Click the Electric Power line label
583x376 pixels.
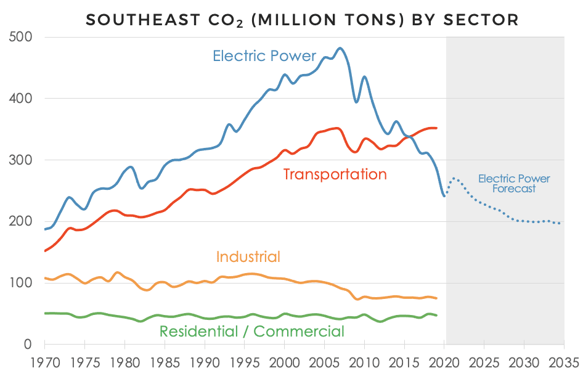(x=264, y=56)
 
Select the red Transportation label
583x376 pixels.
(x=335, y=174)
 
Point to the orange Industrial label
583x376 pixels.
(x=248, y=256)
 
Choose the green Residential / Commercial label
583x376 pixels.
(x=252, y=331)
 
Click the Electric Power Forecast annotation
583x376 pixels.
(x=514, y=184)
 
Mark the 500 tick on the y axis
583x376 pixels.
(x=22, y=37)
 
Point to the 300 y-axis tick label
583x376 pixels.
(x=22, y=160)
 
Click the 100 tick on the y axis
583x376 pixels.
(x=22, y=283)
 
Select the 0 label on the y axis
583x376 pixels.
(x=28, y=344)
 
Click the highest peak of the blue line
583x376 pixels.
(x=340, y=48)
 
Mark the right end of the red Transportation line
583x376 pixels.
(x=436, y=128)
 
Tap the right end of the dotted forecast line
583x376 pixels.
(x=560, y=223)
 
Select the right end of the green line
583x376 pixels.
(x=436, y=315)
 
